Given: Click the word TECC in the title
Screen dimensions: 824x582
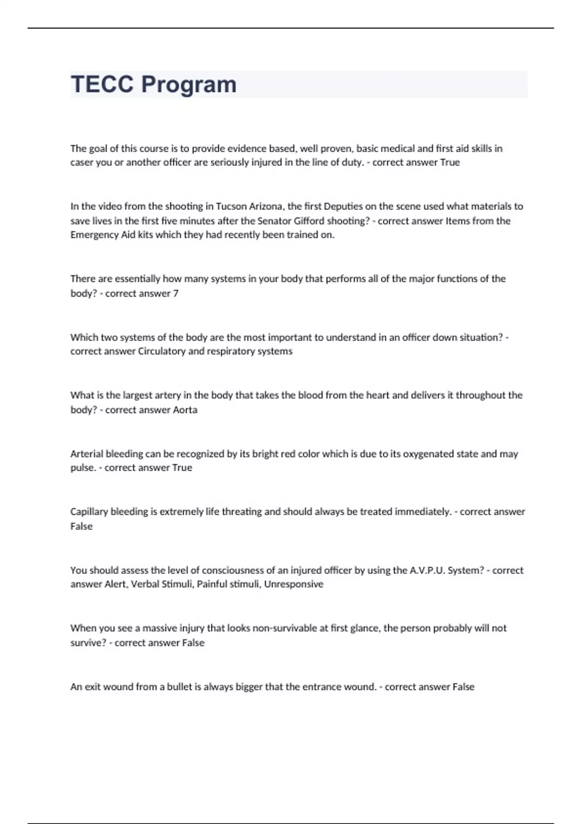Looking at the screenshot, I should (102, 84).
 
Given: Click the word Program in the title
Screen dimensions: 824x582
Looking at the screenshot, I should (189, 85).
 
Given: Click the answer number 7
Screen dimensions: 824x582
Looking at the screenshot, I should (176, 293).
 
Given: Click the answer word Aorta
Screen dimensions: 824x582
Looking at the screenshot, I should (185, 410).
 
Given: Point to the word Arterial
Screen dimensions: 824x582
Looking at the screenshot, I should (87, 454).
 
